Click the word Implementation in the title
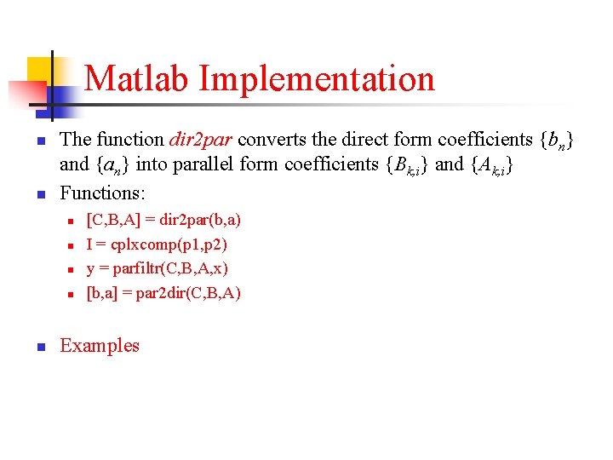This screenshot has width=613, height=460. [317, 79]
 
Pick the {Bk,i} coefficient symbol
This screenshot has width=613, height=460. [407, 165]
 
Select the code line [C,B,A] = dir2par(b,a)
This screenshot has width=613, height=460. [163, 220]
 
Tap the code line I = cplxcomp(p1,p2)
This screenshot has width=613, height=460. [157, 244]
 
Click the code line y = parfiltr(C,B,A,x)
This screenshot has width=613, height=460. [158, 268]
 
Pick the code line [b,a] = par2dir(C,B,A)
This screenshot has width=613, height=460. [163, 293]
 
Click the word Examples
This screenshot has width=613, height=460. [100, 345]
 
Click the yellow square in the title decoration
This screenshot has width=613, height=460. [40, 71]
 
